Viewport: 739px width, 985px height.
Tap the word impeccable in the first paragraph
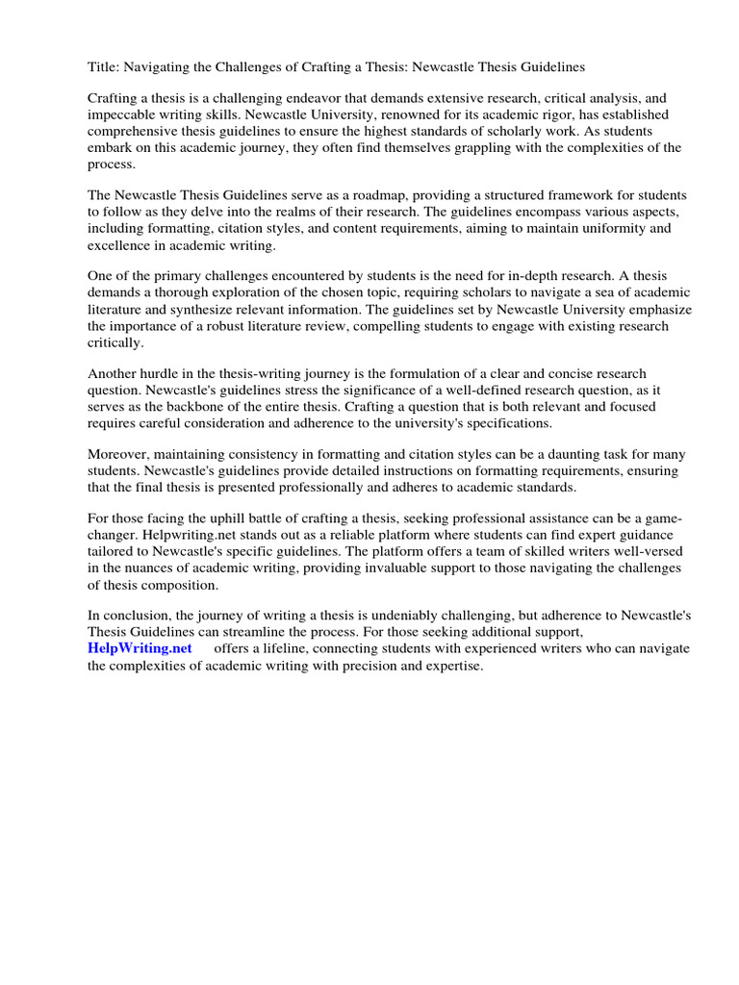(x=126, y=114)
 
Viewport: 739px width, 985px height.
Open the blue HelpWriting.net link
(x=140, y=648)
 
